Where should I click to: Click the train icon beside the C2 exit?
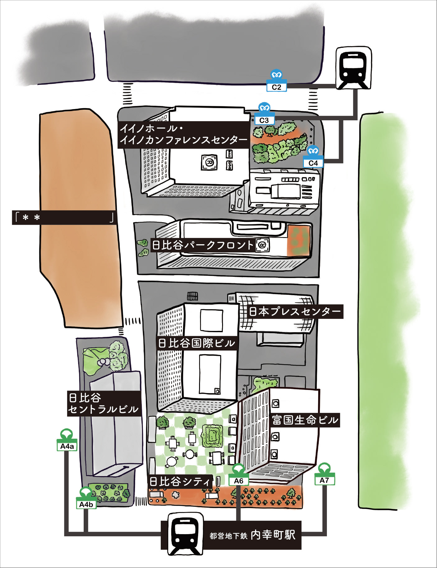click(354, 68)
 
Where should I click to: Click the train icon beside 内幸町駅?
click(185, 534)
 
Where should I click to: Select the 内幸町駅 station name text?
click(273, 535)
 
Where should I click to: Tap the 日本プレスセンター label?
click(295, 311)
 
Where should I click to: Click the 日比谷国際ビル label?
click(197, 343)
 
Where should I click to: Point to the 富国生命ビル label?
click(305, 420)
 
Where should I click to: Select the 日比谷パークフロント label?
click(203, 245)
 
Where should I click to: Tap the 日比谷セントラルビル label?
click(103, 403)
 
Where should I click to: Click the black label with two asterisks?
click(64, 218)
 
